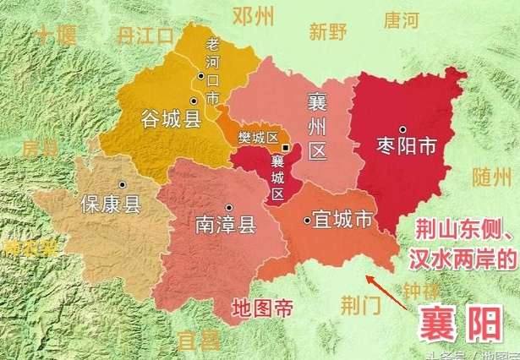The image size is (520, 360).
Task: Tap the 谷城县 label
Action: [171, 119]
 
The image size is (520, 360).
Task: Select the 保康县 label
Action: [110, 204]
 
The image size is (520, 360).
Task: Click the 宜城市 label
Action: [339, 221]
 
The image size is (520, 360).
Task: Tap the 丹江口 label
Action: [145, 35]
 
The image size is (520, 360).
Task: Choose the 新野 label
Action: [327, 32]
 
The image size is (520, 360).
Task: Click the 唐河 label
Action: [401, 19]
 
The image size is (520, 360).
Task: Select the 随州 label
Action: [492, 178]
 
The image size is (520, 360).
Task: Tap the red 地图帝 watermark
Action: [263, 307]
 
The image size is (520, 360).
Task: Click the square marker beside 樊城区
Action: [286, 148]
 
